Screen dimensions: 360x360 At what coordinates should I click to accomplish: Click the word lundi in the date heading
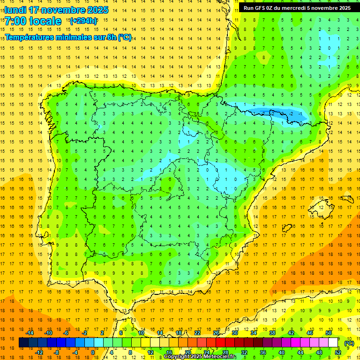point(15,10)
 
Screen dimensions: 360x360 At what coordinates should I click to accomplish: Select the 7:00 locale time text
point(34,21)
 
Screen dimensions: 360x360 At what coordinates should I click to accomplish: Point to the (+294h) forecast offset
point(83,21)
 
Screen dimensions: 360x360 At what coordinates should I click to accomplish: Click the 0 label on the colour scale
point(92,352)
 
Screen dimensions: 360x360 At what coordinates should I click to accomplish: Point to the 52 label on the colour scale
point(338,352)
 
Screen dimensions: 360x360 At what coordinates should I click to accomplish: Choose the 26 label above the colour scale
point(216,333)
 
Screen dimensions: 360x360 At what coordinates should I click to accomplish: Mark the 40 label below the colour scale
point(281,352)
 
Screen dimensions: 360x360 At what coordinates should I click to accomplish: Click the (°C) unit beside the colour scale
point(349,343)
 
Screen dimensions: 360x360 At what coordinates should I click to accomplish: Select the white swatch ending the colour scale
point(333,343)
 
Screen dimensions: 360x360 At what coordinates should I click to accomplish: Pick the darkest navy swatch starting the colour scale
point(23,343)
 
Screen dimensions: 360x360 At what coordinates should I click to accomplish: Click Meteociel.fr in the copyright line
point(219,357)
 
